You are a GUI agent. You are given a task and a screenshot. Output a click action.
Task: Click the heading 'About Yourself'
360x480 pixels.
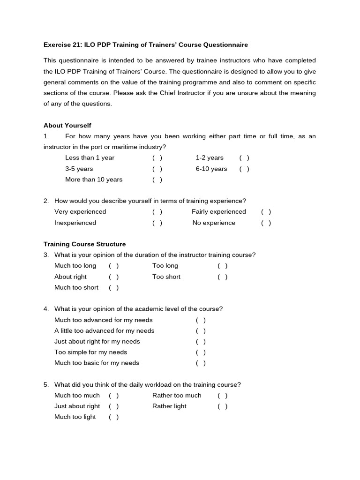(67, 126)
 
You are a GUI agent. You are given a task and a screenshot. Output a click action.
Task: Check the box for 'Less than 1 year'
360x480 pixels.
(157, 158)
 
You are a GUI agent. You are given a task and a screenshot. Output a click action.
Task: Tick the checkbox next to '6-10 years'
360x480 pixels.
(244, 169)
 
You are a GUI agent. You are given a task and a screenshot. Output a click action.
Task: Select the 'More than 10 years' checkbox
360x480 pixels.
(157, 180)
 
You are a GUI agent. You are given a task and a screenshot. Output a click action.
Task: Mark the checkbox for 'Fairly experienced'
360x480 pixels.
(266, 212)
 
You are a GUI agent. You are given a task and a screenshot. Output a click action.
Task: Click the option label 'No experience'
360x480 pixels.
(214, 223)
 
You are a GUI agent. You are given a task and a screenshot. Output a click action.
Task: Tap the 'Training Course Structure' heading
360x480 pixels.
(84, 244)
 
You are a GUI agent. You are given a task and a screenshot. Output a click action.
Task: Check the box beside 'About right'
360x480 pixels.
(114, 277)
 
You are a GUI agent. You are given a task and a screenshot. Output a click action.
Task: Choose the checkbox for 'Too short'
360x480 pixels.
(223, 277)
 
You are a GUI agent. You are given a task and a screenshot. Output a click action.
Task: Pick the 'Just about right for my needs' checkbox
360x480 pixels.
(201, 342)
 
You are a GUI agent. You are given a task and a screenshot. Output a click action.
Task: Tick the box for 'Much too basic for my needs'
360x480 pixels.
(201, 363)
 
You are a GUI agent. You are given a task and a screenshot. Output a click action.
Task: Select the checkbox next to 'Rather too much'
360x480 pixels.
(223, 396)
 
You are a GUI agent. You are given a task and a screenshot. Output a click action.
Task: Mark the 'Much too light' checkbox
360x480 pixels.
(114, 417)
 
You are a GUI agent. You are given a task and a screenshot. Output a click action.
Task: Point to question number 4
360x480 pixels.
(46, 309)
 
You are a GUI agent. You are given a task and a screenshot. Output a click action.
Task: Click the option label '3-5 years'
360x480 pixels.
(79, 169)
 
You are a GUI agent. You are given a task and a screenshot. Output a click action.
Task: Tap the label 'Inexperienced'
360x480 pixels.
(75, 223)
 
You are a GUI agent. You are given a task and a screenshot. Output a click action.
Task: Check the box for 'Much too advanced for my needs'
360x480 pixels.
(201, 320)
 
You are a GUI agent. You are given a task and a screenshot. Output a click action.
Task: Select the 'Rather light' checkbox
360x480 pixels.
(223, 406)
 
